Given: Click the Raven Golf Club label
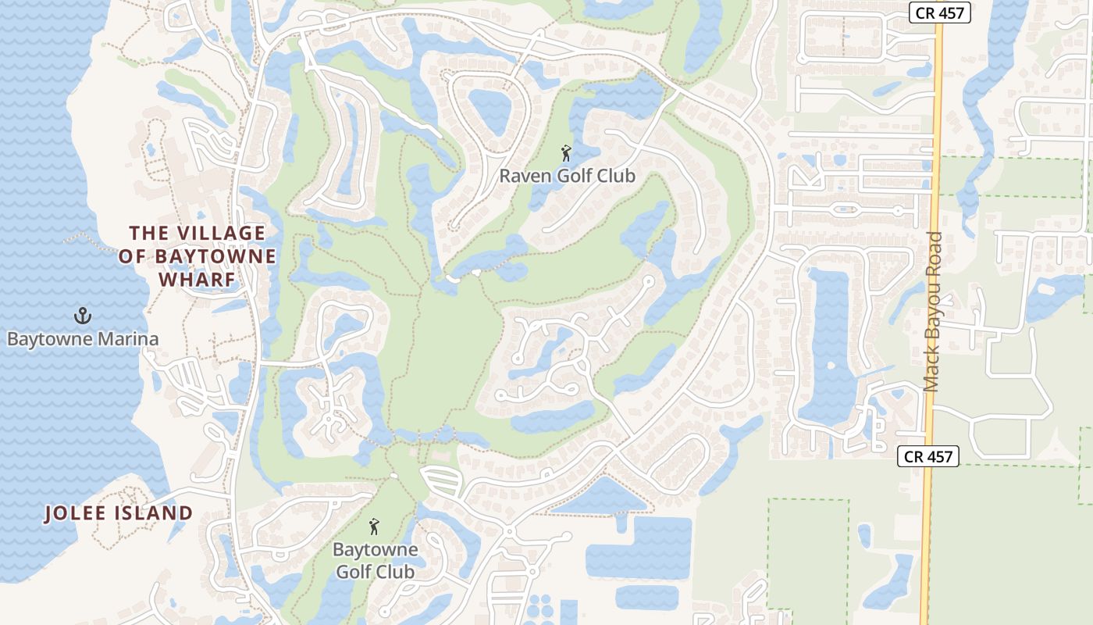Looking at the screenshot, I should [x=567, y=176].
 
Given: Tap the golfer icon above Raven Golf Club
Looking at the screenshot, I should [x=567, y=152].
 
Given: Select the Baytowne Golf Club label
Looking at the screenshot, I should [x=376, y=560].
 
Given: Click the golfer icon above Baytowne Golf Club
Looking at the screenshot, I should [x=375, y=527].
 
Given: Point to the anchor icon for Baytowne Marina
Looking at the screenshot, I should [x=82, y=316].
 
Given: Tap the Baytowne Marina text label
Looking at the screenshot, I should [x=83, y=339].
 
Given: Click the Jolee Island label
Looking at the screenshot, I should [x=119, y=513].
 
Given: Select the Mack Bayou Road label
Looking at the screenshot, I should [x=933, y=312].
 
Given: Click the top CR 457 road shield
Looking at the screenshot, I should [x=940, y=12].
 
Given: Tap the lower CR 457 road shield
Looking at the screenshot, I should [x=927, y=456].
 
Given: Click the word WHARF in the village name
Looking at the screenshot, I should [x=197, y=280].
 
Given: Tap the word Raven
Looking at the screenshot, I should [x=525, y=176].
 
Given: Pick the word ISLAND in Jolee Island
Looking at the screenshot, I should [x=155, y=513].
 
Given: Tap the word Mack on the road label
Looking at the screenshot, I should [x=933, y=367].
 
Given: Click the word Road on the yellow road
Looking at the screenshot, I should [x=933, y=254].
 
